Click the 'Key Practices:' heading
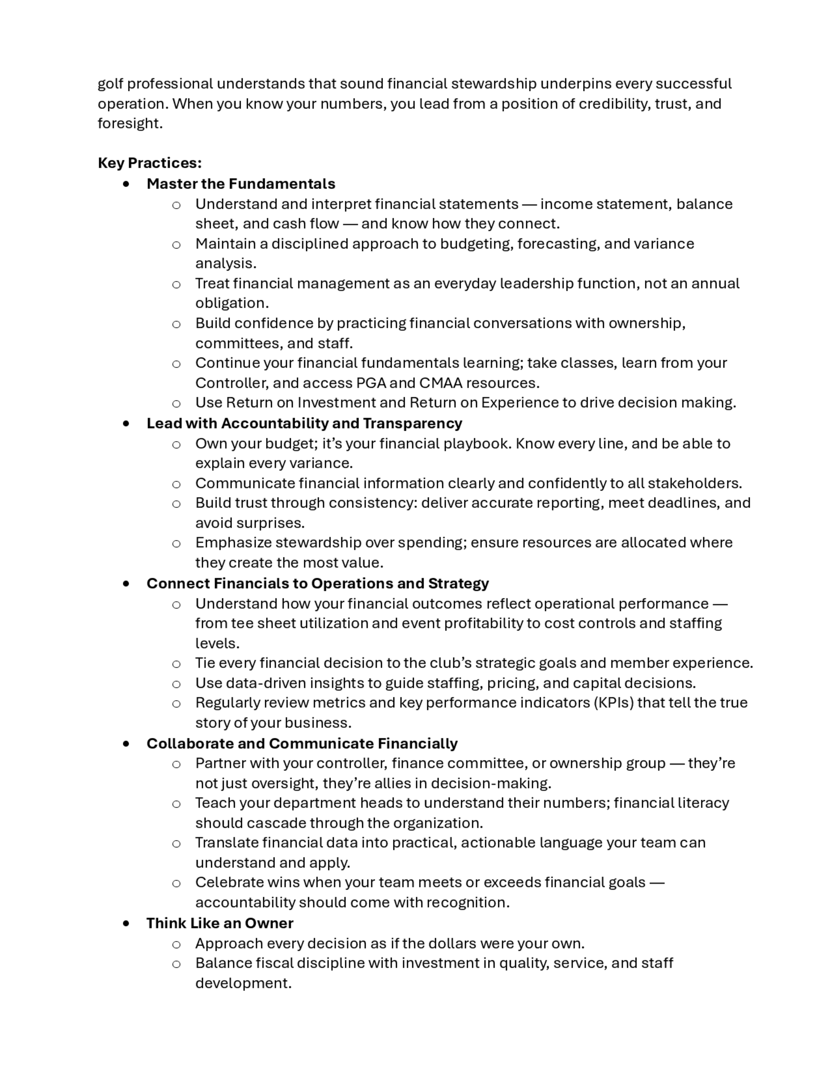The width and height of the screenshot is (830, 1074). pos(149,163)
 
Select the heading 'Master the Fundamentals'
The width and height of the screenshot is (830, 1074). pos(240,184)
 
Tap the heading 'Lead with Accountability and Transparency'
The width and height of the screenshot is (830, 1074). pos(304,423)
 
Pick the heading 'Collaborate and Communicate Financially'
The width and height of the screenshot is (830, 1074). pos(301,743)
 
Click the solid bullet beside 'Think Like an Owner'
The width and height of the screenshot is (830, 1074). pos(127,923)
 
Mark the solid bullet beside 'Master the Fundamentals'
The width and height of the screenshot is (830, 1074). pos(127,184)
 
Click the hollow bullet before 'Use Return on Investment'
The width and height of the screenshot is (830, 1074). pos(176,404)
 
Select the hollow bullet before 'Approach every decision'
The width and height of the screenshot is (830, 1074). pos(176,944)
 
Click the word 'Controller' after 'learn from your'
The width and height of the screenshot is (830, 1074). pos(232,383)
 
